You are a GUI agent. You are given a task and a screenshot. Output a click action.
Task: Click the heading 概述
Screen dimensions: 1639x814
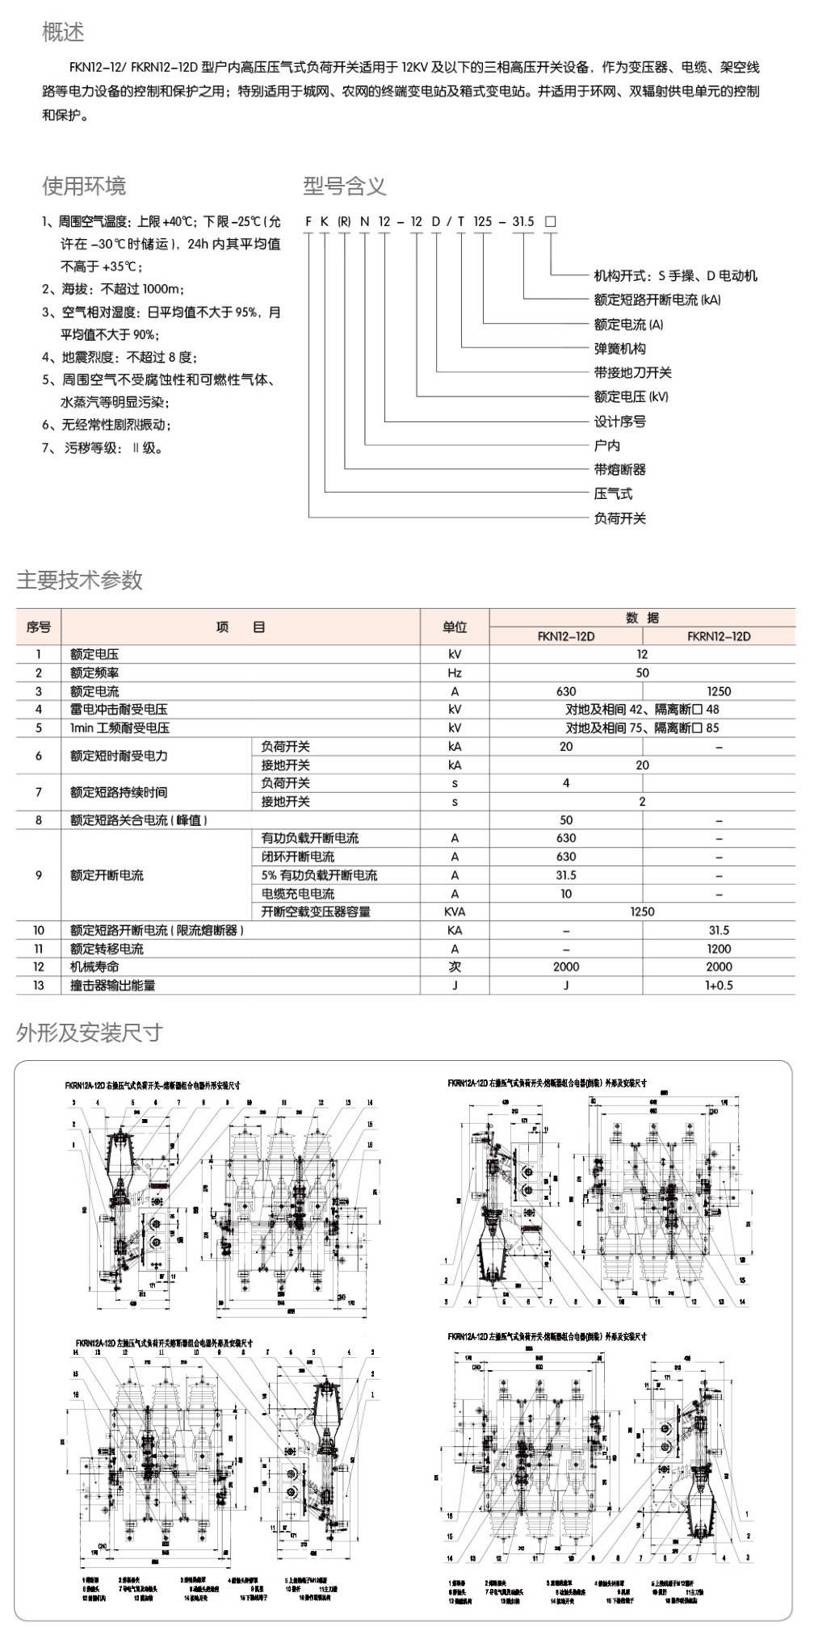coord(63,32)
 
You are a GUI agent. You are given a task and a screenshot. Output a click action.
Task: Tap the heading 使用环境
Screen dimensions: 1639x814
coord(84,187)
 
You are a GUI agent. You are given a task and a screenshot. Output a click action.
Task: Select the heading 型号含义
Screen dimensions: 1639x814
coord(345,187)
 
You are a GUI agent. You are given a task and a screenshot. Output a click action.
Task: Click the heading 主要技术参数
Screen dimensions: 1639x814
coord(79,580)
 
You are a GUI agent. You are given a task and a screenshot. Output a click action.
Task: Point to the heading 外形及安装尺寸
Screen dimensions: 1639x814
coord(89,1033)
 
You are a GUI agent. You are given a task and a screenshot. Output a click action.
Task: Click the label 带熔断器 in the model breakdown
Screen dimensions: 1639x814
coord(619,469)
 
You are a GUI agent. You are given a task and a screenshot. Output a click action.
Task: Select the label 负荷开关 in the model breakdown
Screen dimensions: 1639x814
coord(619,518)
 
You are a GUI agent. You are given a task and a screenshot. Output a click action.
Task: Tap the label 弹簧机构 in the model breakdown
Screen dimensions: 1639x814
coord(619,349)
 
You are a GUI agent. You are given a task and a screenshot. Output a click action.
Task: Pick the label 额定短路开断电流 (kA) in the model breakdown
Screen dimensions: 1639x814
coord(657,300)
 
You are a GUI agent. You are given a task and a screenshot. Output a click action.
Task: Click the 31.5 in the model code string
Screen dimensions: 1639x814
coord(523,221)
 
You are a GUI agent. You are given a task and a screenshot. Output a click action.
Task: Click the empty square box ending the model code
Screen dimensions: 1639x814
coord(551,221)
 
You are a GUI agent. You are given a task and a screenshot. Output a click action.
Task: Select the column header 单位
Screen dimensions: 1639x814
coord(455,627)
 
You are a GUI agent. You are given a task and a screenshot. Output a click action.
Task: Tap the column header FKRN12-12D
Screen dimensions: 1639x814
coord(719,636)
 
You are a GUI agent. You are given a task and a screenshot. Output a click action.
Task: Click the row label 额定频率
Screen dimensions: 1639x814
coord(94,673)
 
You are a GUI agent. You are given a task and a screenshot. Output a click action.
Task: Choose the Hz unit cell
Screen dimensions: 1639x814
coord(455,673)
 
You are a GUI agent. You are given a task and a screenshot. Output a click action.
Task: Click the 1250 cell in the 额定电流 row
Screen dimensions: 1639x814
coord(719,691)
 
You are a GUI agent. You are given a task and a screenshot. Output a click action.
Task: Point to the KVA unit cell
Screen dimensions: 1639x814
coord(455,912)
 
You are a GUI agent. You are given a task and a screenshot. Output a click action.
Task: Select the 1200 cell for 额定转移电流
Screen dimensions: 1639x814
coord(719,949)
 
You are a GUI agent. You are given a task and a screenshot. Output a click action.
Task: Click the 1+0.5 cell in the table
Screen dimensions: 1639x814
coord(719,985)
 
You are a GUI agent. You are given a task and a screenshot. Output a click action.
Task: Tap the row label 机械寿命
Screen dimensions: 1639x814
coord(94,966)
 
